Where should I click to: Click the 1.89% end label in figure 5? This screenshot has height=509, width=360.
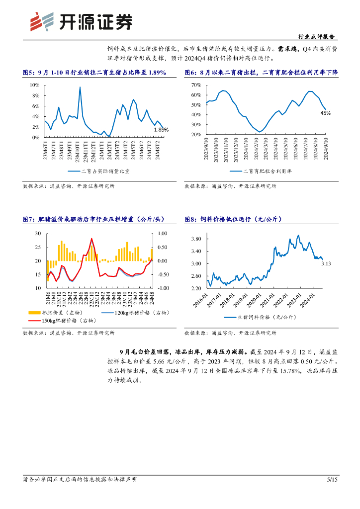[161, 130]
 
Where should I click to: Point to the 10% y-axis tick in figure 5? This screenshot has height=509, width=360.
[35, 85]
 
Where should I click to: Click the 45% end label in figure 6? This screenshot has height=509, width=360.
[325, 113]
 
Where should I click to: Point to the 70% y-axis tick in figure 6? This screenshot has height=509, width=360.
[195, 85]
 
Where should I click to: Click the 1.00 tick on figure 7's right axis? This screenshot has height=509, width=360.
[163, 234]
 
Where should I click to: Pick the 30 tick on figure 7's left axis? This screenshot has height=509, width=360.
[37, 234]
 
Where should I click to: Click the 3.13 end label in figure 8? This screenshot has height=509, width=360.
[326, 263]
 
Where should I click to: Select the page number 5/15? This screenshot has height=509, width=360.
[331, 480]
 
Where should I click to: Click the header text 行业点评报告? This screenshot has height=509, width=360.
[316, 37]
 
